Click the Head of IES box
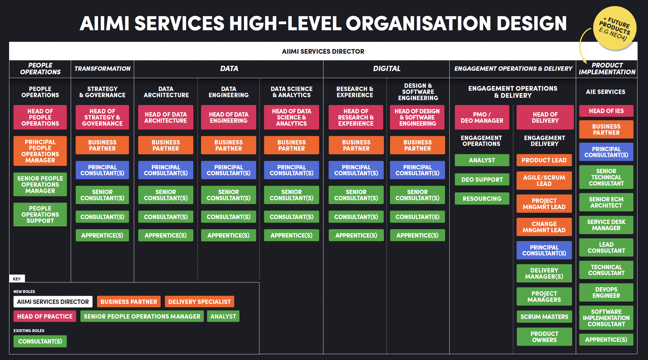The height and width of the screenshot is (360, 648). (606, 111)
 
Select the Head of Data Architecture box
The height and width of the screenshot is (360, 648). (166, 117)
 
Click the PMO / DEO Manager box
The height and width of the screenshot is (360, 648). (482, 117)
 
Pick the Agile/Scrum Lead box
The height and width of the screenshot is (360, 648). (544, 181)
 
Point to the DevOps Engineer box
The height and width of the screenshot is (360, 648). (606, 292)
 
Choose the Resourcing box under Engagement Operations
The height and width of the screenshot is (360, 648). (482, 199)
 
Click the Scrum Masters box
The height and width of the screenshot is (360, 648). (544, 317)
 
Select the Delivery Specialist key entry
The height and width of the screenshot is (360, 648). (200, 302)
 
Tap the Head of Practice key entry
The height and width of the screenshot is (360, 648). (45, 317)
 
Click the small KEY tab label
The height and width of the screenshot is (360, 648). (17, 279)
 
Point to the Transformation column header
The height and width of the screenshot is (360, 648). (102, 69)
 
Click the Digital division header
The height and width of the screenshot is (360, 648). (387, 69)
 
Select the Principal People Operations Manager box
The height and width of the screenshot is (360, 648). (40, 151)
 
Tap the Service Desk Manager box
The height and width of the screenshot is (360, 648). (606, 225)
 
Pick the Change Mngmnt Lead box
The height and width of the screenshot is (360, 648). (544, 227)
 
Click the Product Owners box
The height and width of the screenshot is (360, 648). (544, 337)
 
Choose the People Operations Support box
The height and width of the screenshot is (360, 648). (40, 215)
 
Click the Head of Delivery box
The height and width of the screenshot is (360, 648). (545, 117)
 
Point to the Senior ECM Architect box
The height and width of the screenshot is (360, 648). (606, 202)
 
